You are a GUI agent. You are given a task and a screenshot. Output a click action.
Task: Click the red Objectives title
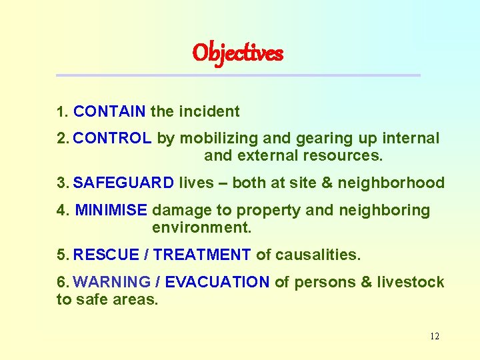[x=238, y=53]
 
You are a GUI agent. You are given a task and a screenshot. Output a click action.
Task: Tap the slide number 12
[x=434, y=336]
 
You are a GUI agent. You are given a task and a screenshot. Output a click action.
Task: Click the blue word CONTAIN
[x=109, y=111]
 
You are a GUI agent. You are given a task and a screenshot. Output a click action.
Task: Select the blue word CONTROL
[x=113, y=139]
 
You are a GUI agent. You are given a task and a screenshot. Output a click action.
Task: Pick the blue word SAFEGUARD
[x=123, y=183]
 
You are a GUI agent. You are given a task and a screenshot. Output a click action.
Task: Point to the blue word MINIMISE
[x=111, y=211]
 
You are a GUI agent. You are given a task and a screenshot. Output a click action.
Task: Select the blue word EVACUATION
[x=217, y=282]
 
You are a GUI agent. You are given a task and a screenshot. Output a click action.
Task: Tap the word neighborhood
[x=394, y=183]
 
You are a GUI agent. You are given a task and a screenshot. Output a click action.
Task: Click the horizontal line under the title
[x=238, y=75]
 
